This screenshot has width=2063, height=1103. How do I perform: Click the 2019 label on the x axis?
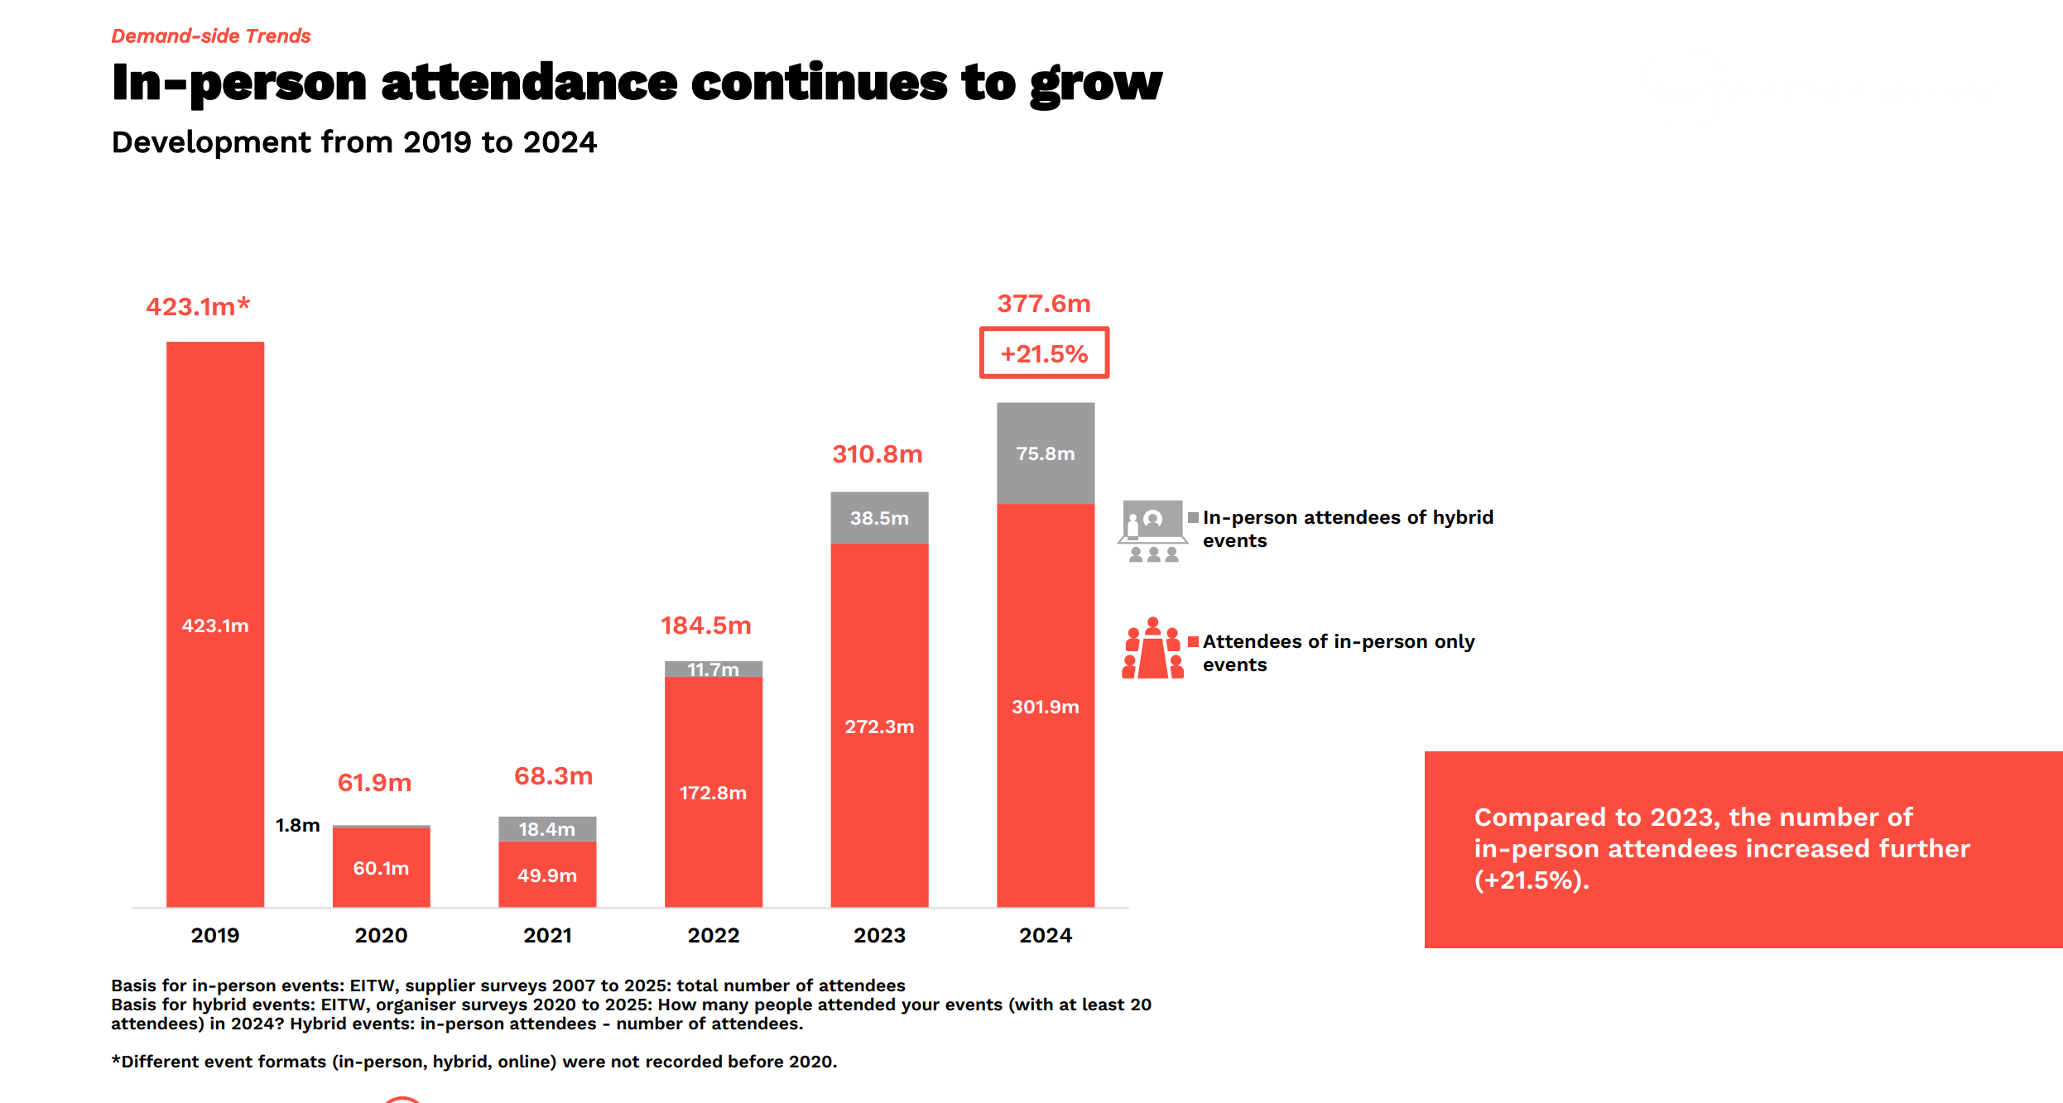tap(215, 935)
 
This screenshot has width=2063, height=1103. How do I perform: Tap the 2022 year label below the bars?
tap(713, 935)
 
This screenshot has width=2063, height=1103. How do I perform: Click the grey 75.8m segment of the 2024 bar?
tap(1046, 453)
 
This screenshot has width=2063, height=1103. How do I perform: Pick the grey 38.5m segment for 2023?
tap(879, 518)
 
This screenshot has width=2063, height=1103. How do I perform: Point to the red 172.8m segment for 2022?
tap(713, 792)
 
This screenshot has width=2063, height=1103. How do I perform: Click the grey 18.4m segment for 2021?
tap(546, 829)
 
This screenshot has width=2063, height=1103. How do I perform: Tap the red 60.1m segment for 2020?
tap(381, 868)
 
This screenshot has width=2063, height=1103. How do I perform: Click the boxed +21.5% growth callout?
tap(1044, 353)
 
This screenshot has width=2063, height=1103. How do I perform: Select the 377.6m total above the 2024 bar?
tap(1043, 304)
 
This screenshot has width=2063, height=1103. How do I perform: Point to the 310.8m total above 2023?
tap(877, 454)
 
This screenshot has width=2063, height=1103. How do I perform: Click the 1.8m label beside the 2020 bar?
tap(297, 825)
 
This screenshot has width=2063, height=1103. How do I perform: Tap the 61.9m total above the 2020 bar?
tap(374, 783)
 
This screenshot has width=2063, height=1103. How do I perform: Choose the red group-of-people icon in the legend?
tap(1152, 649)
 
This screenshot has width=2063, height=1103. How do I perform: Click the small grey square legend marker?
tap(1193, 517)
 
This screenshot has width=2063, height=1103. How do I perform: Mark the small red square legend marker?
tap(1193, 641)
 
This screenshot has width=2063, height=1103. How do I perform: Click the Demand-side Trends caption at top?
tap(211, 36)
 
